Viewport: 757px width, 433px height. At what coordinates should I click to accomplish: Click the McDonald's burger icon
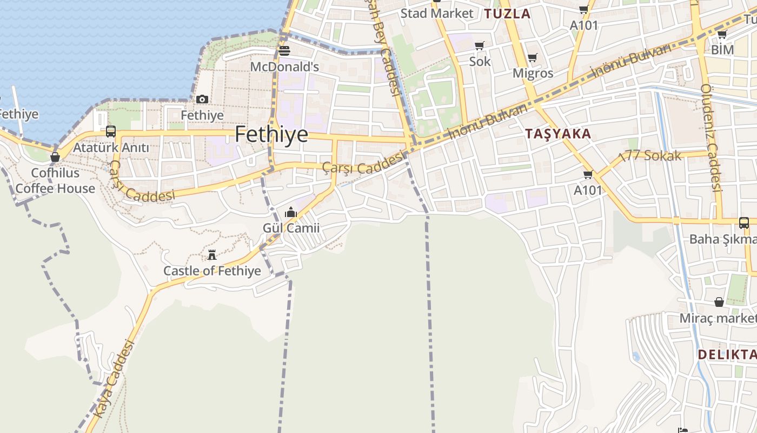pyautogui.click(x=284, y=51)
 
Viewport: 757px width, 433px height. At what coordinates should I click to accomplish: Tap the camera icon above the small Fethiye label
pyautogui.click(x=202, y=99)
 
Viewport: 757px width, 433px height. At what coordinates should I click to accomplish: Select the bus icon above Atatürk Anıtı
pyautogui.click(x=111, y=131)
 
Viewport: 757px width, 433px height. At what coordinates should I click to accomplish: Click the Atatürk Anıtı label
pyautogui.click(x=111, y=147)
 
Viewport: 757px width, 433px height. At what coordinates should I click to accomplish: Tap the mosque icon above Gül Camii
pyautogui.click(x=291, y=212)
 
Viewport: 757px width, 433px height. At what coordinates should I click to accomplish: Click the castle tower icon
pyautogui.click(x=212, y=254)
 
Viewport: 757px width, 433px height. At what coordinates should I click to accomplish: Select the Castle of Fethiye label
pyautogui.click(x=212, y=271)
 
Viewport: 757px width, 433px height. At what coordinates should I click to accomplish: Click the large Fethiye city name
pyautogui.click(x=271, y=134)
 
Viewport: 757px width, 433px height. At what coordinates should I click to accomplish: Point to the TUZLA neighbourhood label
pyautogui.click(x=507, y=14)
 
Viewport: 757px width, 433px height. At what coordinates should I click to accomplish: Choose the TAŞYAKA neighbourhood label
pyautogui.click(x=558, y=134)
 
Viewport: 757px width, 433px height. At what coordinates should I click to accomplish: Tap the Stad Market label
pyautogui.click(x=437, y=14)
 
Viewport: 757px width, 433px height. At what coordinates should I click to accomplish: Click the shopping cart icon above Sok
pyautogui.click(x=479, y=45)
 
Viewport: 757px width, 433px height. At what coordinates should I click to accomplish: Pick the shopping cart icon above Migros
pyautogui.click(x=533, y=57)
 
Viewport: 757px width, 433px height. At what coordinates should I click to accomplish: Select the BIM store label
pyautogui.click(x=722, y=50)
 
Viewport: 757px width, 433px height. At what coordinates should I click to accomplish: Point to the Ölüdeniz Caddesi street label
pyautogui.click(x=711, y=138)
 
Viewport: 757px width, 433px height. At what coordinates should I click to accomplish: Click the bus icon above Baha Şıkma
pyautogui.click(x=744, y=222)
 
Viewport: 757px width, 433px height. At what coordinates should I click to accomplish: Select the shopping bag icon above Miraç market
pyautogui.click(x=719, y=302)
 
